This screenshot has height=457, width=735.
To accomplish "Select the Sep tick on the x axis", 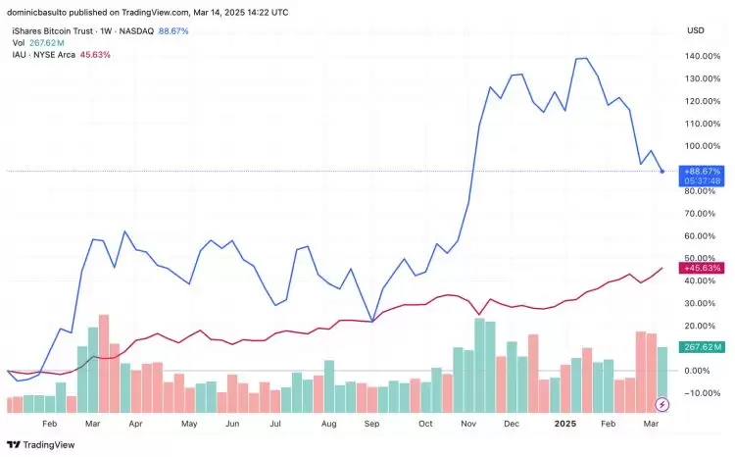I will point(372,426).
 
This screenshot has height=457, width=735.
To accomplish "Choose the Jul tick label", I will point(276,426).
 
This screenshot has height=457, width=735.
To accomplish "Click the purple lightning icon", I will point(663,404).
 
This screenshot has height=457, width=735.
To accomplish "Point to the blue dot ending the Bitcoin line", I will point(662,172).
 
